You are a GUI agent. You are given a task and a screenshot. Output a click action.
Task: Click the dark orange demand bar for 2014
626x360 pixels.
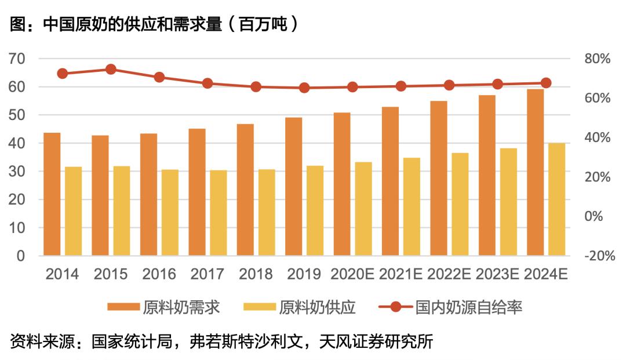coord(52,194)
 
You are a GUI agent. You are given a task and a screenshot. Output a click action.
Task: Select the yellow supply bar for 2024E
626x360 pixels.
coord(556,199)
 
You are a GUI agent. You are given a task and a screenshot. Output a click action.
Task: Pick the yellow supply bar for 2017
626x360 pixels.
coord(219,213)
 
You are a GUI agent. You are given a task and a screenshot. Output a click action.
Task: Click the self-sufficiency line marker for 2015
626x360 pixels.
coord(111,70)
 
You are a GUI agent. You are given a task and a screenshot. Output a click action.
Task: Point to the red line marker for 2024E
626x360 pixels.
coord(545,83)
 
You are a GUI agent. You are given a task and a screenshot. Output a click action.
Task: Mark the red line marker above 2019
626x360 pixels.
coord(304,88)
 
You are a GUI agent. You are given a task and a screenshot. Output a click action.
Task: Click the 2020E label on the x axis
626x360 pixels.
coord(352,274)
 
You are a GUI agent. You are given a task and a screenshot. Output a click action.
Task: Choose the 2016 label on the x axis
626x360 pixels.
coord(159,274)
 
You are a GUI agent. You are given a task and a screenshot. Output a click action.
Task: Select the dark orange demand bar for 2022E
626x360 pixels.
coord(439,178)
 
